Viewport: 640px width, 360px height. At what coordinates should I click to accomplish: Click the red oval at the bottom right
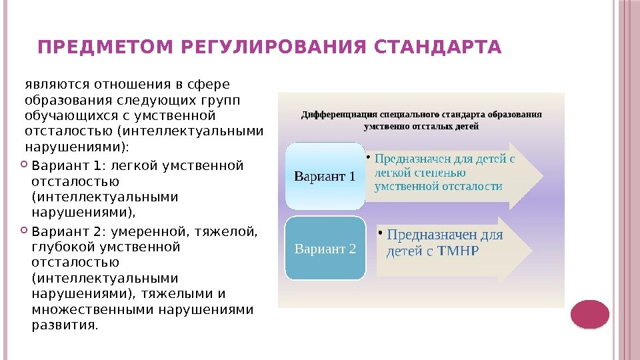coord(590,315)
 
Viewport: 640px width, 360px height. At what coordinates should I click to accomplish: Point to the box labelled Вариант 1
coord(325,176)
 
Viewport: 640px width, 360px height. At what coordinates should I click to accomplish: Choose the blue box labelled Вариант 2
coord(325,249)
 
